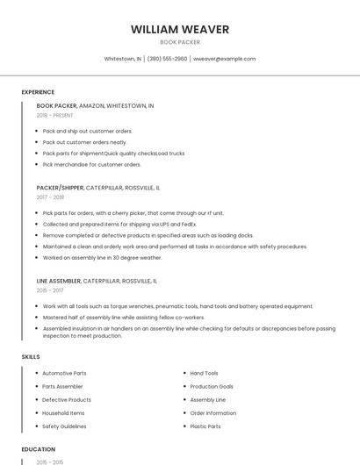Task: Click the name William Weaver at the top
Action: pos(180,29)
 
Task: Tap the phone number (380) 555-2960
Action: pos(167,59)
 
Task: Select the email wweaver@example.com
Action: pos(224,59)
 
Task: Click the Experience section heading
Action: pos(38,92)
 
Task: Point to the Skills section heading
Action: pos(31,357)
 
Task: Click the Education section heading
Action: pos(38,449)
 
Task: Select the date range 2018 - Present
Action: pos(55,115)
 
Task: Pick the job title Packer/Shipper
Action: pos(60,188)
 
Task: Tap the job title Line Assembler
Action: pos(58,281)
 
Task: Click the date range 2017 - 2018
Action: pos(50,197)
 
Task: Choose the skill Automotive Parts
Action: pos(64,373)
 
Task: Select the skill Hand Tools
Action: pos(205,373)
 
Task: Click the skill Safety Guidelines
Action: pos(64,426)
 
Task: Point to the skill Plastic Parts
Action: pos(205,426)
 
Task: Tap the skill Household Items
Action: pos(63,413)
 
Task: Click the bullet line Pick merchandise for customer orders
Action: pos(91,164)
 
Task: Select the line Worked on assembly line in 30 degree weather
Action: pos(102,258)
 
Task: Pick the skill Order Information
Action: pos(213,413)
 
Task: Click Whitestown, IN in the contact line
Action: pos(123,59)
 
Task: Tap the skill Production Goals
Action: pos(212,386)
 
